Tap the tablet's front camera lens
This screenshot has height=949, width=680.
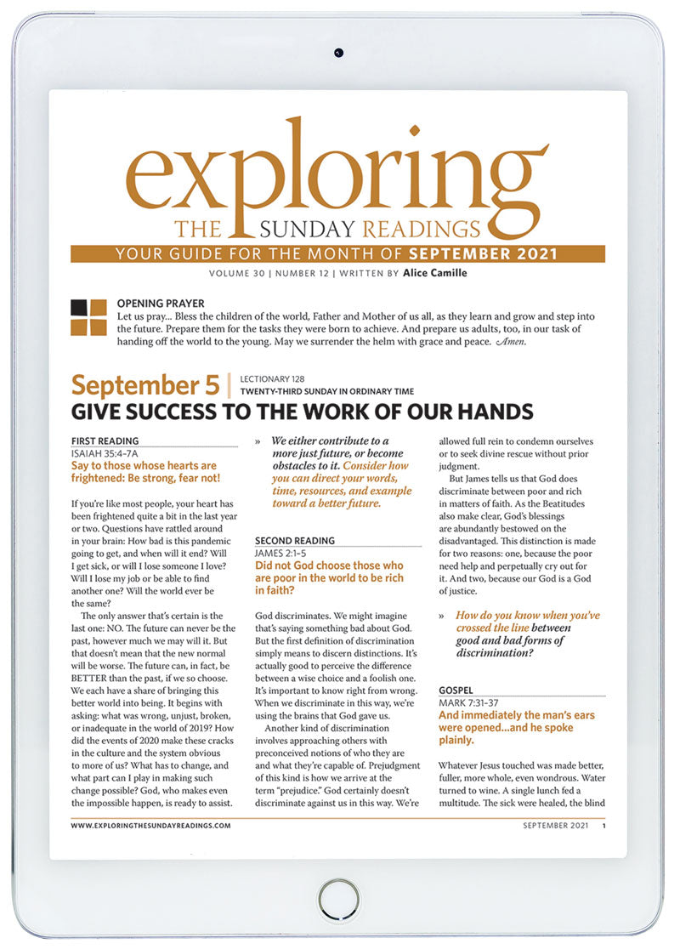(x=338, y=53)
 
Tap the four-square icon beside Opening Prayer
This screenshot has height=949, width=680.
(x=88, y=317)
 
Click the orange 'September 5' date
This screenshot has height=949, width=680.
(x=145, y=385)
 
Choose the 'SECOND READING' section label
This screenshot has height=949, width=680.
(x=295, y=540)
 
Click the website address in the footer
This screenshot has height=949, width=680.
(x=151, y=825)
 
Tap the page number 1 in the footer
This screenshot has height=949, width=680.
(x=603, y=825)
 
